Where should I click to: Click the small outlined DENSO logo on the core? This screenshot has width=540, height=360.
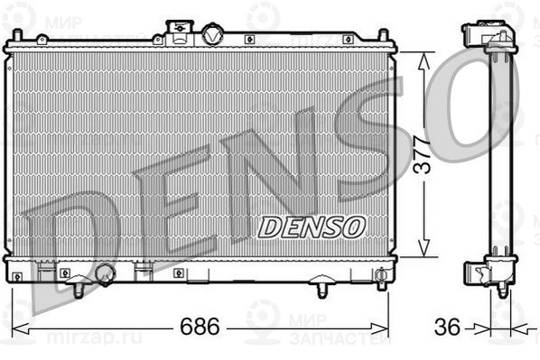click(x=312, y=227)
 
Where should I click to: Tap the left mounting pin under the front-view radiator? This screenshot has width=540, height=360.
click(x=79, y=290)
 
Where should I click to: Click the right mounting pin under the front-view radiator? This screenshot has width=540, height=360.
click(x=321, y=290)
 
